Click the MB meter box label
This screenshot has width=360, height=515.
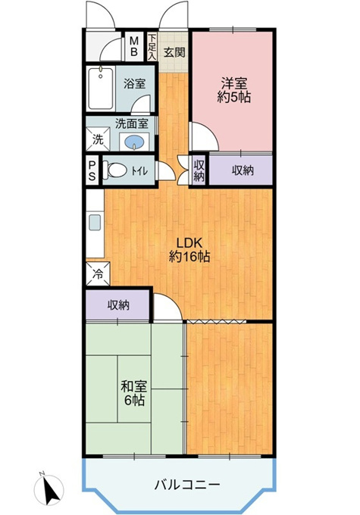[134, 46]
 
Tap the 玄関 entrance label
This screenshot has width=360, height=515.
[174, 52]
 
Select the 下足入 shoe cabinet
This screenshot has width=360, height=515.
[152, 46]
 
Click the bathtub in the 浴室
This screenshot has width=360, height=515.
[101, 89]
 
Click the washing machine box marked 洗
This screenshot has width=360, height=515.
[98, 139]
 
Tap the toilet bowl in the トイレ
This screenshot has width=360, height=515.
[115, 170]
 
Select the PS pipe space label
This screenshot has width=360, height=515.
[92, 171]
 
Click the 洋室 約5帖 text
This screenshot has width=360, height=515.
[233, 90]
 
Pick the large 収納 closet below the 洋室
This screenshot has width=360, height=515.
[241, 170]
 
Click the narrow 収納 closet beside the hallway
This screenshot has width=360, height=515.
[199, 170]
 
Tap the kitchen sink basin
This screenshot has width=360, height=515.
[95, 223]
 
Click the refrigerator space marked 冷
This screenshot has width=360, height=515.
[98, 273]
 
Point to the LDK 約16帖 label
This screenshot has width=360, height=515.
[189, 250]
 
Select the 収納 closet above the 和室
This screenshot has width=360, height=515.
[118, 305]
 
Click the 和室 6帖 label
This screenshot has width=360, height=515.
[134, 393]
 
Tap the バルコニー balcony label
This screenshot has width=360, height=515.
[187, 485]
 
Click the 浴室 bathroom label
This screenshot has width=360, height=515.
[134, 83]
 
